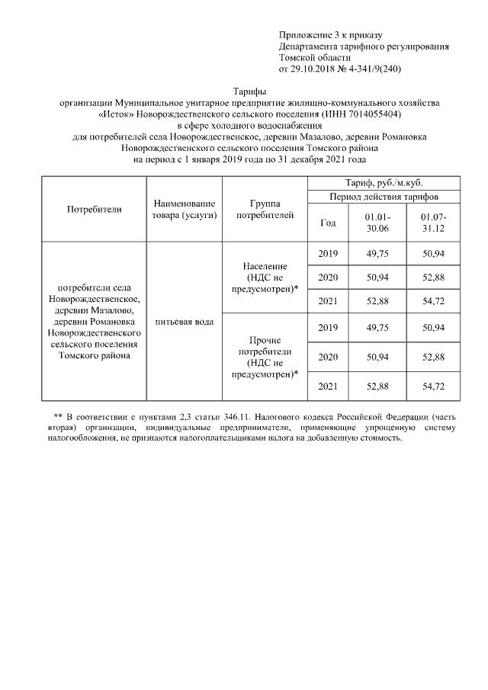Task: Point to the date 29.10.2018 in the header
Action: [313, 69]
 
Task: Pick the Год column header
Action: [328, 223]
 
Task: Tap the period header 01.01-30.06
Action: [377, 223]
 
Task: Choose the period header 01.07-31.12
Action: [433, 223]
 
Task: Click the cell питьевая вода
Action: [184, 322]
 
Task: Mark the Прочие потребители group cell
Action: [264, 356]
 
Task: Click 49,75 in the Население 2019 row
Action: [377, 253]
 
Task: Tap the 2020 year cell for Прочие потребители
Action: [328, 357]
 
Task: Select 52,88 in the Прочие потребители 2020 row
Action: [433, 357]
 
